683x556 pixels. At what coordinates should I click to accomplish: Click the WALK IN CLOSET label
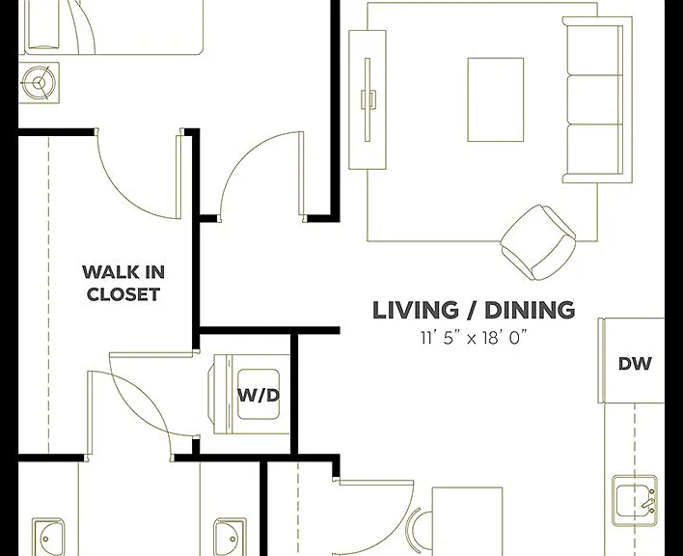click(123, 283)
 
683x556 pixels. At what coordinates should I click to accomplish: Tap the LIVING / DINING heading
click(474, 310)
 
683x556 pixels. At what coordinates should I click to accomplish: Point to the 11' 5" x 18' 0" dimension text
click(474, 338)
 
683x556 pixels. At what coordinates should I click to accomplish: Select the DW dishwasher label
click(635, 363)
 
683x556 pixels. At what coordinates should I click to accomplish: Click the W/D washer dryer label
click(259, 395)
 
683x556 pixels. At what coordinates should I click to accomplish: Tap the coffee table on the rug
click(496, 99)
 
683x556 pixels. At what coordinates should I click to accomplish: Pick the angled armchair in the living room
click(538, 242)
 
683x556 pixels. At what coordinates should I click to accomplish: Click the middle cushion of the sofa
click(595, 99)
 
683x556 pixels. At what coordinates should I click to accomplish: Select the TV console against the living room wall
click(368, 99)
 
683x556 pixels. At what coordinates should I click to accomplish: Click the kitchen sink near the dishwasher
click(635, 501)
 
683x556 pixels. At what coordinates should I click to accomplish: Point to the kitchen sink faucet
click(648, 502)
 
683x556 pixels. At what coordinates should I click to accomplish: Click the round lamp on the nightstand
click(40, 82)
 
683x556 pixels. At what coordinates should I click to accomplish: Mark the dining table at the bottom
click(467, 521)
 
